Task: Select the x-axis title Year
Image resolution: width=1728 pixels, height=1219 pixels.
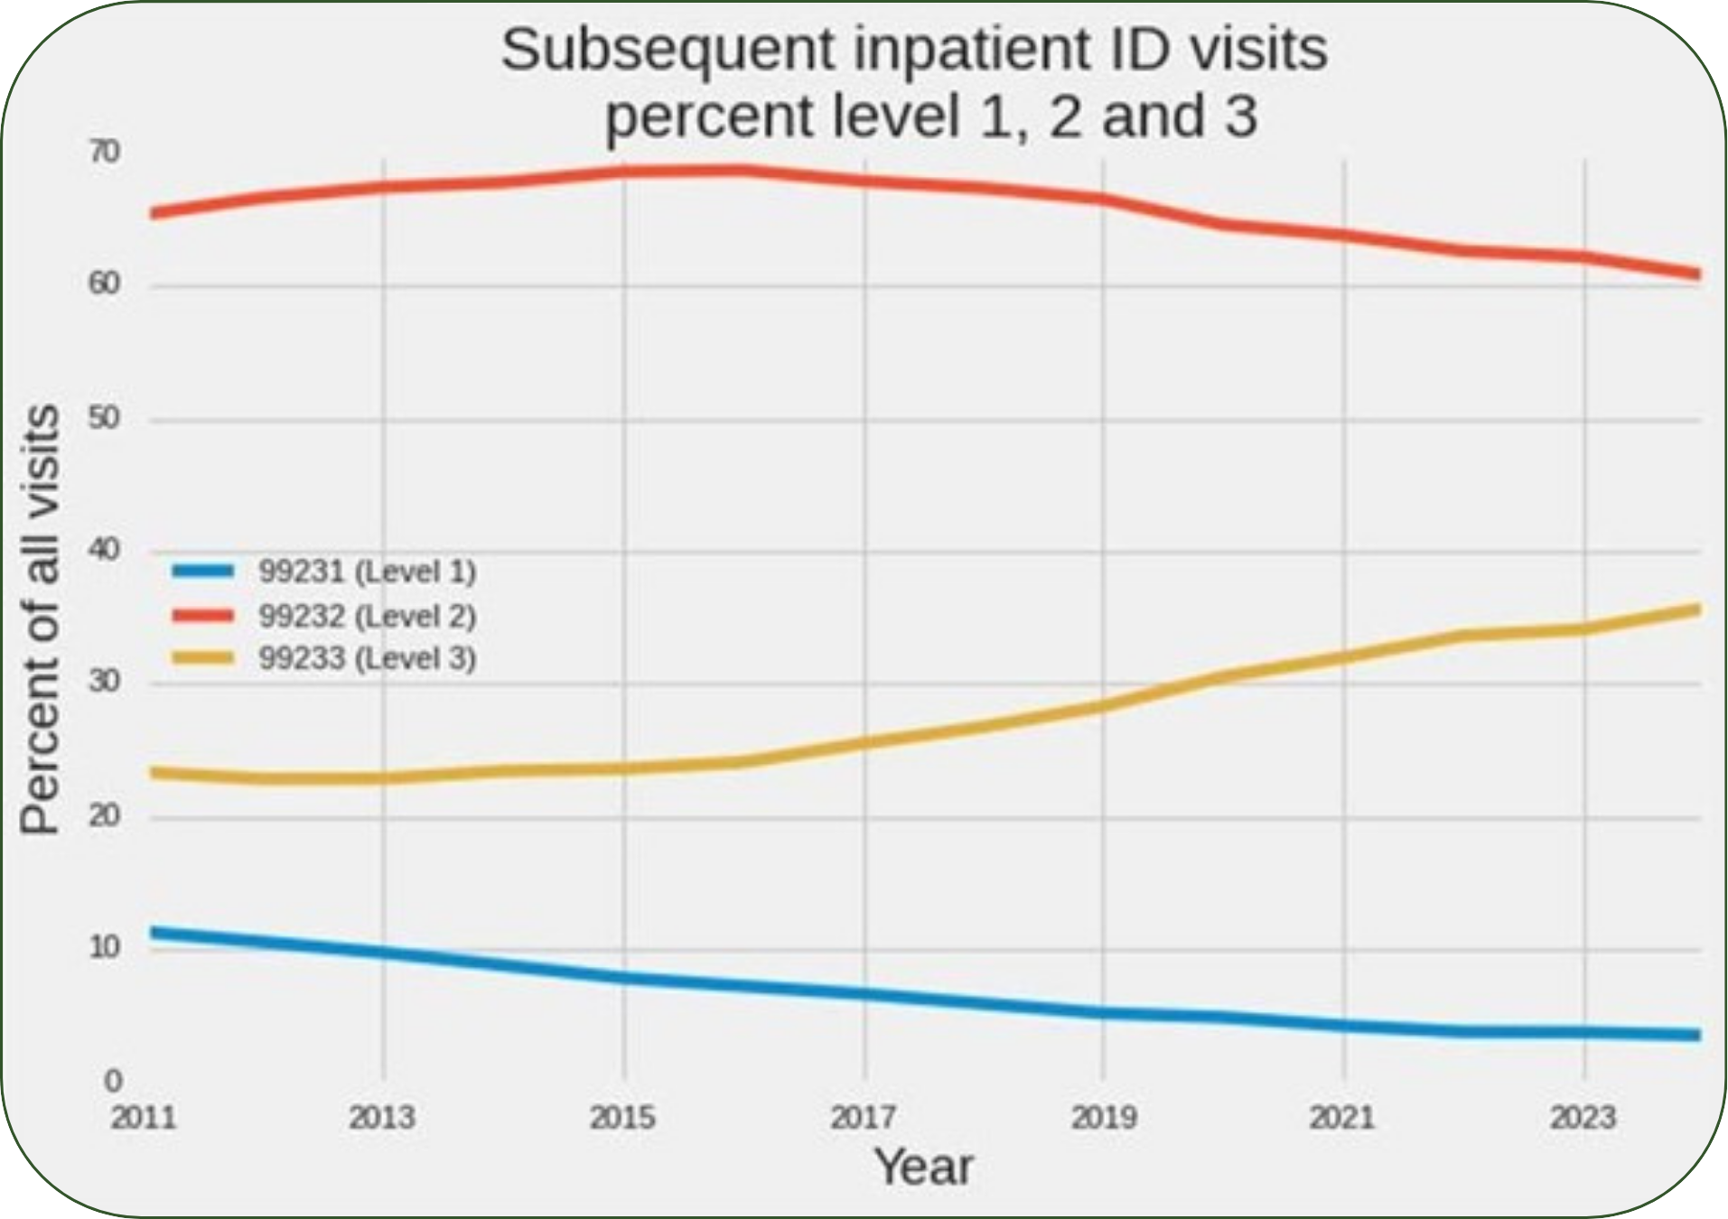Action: click(x=923, y=1167)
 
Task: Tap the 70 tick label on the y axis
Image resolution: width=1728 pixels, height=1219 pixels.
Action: click(x=105, y=153)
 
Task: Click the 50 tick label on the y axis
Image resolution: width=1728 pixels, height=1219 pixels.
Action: click(x=105, y=419)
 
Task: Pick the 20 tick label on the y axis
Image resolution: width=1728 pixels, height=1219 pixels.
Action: click(x=105, y=816)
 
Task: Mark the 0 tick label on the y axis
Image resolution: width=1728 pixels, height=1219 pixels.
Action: click(x=113, y=1080)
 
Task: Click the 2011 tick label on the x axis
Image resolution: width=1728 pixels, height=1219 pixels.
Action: click(x=144, y=1118)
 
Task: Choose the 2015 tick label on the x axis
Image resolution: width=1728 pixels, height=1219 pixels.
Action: click(x=622, y=1118)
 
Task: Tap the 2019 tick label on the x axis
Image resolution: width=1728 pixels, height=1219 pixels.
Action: click(x=1103, y=1118)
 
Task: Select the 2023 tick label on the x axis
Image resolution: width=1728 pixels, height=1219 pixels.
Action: click(x=1583, y=1118)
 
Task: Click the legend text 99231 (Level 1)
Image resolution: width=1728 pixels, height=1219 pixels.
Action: click(x=367, y=572)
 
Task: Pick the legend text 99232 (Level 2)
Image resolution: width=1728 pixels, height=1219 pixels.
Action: click(x=367, y=616)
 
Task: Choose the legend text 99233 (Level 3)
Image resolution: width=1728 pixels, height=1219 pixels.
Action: click(x=367, y=658)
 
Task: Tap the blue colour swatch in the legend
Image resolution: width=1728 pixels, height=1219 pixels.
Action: click(x=203, y=571)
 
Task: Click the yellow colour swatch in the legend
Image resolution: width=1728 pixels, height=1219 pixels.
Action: click(x=203, y=658)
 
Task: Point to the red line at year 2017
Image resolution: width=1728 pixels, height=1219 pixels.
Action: click(x=864, y=181)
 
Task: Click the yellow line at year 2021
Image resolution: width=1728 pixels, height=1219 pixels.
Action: click(x=1343, y=657)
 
